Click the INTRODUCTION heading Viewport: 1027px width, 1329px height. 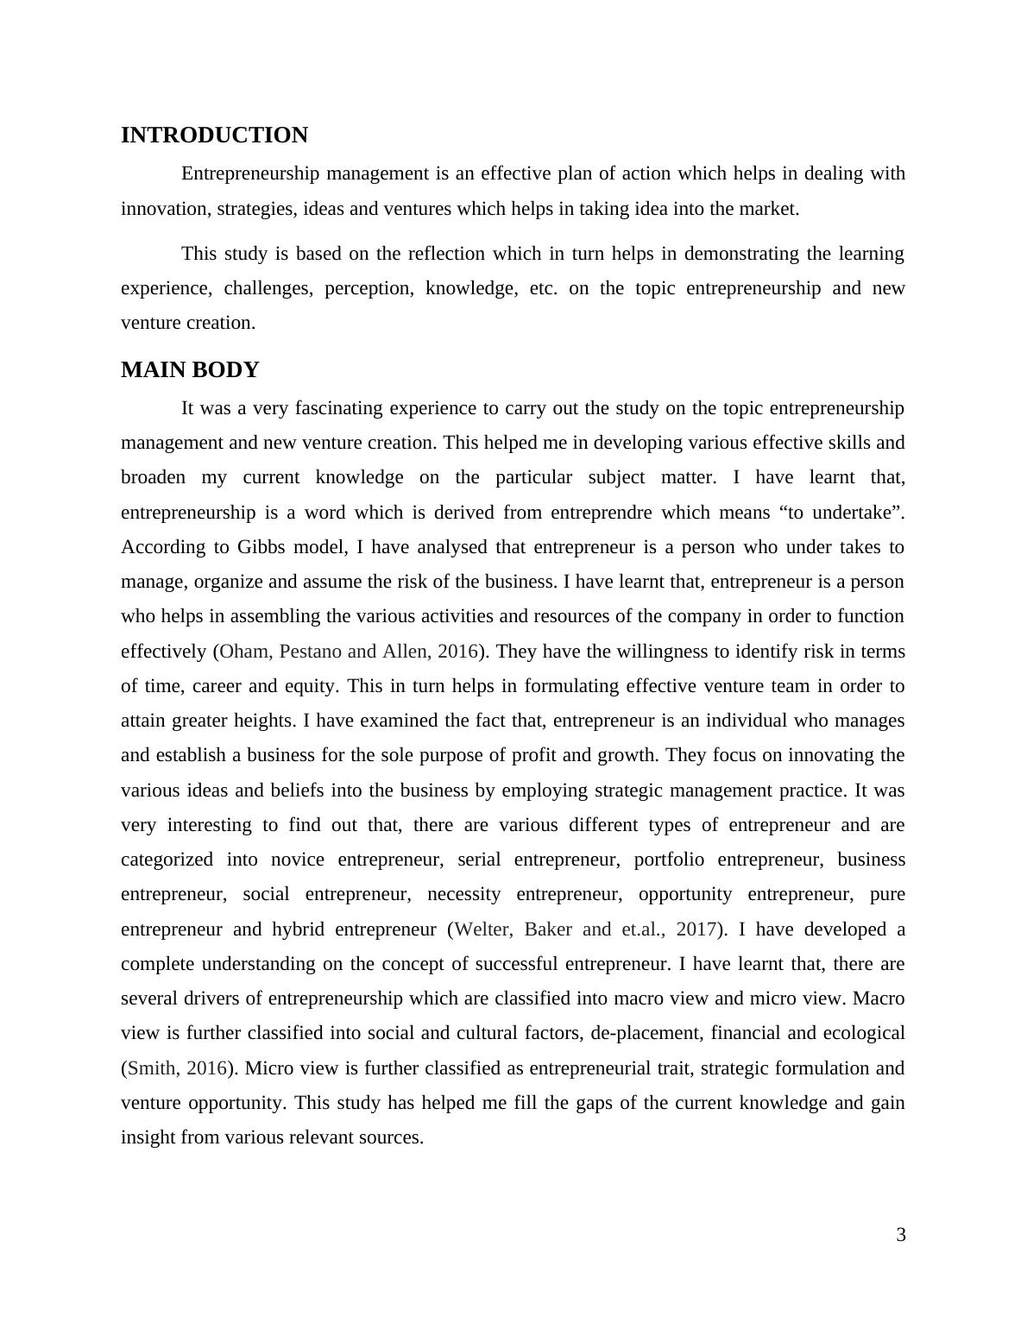[214, 135]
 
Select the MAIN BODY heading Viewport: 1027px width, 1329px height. [190, 370]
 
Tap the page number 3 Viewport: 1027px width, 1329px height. [901, 1235]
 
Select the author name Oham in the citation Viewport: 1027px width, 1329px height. [245, 652]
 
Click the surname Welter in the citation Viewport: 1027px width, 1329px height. [483, 929]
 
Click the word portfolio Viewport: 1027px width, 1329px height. [669, 860]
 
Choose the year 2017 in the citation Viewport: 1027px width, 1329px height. [696, 929]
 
